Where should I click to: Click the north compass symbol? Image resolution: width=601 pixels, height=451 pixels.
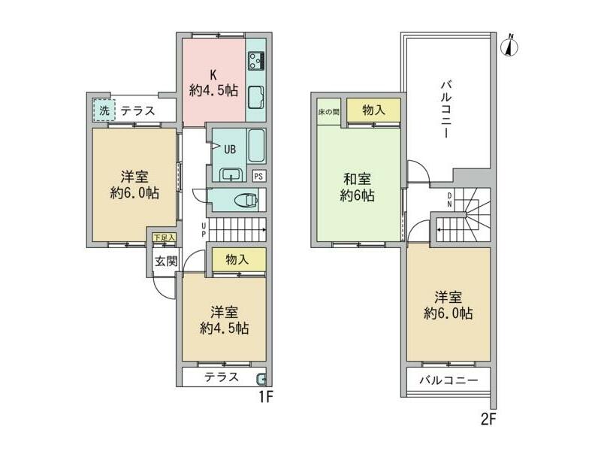point(509,47)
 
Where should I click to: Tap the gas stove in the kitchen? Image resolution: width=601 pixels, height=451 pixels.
point(256,61)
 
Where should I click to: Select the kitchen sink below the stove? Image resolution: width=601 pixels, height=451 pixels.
point(256,98)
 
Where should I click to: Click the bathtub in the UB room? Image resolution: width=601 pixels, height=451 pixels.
point(256,146)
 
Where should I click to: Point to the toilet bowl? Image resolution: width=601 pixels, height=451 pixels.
point(246,200)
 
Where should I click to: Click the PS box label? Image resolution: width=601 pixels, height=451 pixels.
point(258,176)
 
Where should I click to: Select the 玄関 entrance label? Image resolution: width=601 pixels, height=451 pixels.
point(166,262)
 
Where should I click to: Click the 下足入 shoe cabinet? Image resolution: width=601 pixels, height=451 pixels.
point(164,238)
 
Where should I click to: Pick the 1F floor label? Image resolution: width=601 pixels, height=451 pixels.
point(265,397)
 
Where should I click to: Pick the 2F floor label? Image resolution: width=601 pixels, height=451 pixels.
point(488,419)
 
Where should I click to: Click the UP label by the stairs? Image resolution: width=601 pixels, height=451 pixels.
point(204,229)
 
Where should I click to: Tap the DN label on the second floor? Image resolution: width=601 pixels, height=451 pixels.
point(449,200)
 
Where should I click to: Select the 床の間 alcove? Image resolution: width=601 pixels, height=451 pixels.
point(329,112)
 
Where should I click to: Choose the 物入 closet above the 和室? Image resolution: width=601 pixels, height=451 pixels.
point(373,110)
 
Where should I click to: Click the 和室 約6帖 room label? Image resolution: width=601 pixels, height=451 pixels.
point(358,187)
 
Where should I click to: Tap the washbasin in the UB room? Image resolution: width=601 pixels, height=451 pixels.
point(231,175)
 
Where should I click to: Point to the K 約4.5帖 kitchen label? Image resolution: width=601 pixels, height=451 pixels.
point(213,83)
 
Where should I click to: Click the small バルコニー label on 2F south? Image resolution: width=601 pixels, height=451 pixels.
point(448,380)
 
